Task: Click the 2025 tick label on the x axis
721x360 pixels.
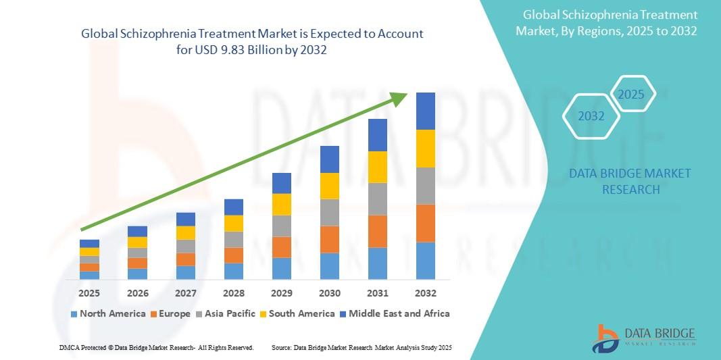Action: point(89,293)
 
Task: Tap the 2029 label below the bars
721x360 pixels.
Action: point(281,293)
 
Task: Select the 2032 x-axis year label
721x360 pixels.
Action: point(425,293)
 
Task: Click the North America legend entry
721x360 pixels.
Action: point(108,313)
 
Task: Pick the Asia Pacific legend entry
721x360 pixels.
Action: point(226,313)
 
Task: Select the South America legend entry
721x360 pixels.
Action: point(297,313)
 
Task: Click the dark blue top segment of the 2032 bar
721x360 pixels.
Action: point(425,111)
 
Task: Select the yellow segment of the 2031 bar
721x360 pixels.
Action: point(377,167)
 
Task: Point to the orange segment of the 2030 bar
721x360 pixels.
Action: point(329,239)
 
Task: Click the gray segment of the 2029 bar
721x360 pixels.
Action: point(281,226)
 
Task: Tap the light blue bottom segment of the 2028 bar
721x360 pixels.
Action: point(233,271)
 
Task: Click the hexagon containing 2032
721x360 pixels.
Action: point(591,116)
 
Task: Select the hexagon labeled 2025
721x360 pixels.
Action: point(632,94)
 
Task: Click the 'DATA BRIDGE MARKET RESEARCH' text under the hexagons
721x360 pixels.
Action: point(630,182)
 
